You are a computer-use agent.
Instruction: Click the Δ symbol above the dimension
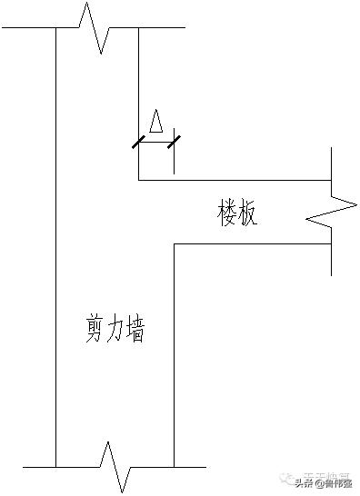tap(156, 123)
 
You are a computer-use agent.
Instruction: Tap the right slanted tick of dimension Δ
tap(173, 141)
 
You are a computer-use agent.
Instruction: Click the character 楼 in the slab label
tap(228, 214)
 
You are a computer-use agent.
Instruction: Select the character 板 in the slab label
tap(249, 214)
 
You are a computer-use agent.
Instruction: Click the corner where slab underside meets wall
tap(173, 243)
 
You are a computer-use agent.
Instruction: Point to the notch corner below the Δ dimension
tap(138, 180)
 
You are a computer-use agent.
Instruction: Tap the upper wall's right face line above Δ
tap(138, 82)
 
